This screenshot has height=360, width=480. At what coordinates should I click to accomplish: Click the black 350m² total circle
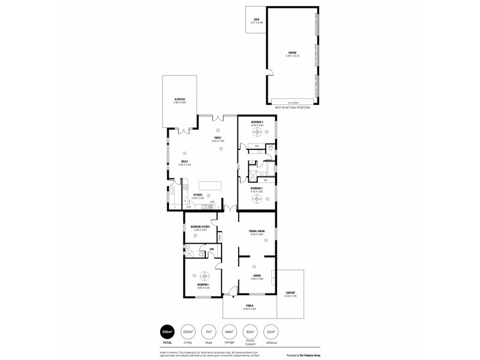[167, 332]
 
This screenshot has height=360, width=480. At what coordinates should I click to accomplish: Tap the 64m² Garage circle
[229, 332]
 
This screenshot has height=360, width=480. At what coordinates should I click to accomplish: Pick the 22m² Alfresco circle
[271, 332]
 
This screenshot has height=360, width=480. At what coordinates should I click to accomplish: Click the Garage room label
[292, 53]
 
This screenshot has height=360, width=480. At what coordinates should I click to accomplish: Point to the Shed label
[256, 20]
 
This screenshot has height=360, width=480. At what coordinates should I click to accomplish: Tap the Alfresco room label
[179, 100]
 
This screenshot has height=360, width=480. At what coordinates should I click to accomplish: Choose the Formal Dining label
[256, 232]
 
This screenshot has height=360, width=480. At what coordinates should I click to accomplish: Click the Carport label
[290, 293]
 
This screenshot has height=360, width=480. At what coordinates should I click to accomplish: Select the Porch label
[249, 306]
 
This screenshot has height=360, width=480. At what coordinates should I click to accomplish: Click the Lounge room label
[256, 276]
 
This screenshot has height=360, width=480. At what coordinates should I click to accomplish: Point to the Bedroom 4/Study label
[200, 227]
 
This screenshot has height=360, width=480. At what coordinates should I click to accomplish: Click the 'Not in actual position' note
[292, 107]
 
